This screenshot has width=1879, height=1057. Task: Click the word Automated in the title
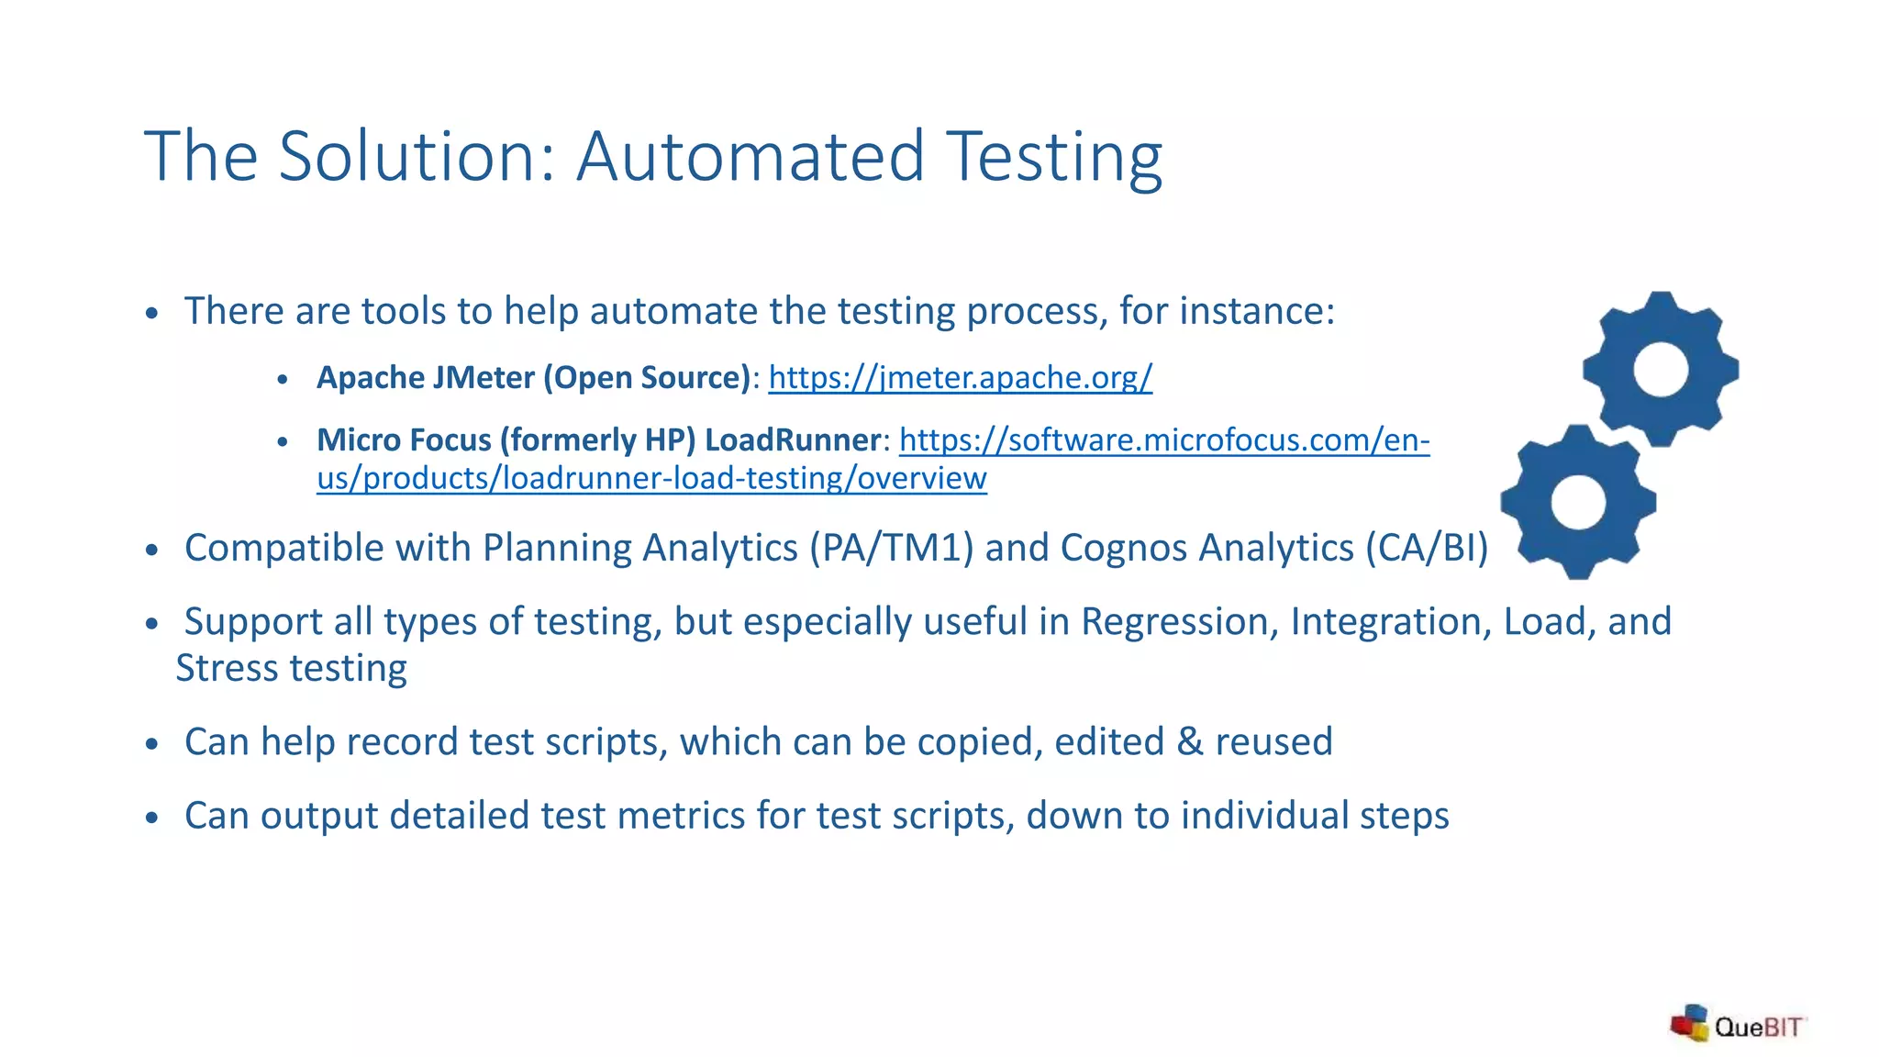click(750, 156)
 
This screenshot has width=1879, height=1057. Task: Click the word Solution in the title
click(408, 156)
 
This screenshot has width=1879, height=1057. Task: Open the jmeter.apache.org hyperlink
click(960, 377)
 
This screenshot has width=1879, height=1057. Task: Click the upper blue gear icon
click(1661, 369)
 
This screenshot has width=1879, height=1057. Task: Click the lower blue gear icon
click(1578, 502)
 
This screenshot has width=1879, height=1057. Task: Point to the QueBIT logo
click(1738, 1025)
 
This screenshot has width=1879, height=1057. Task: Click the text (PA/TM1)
click(891, 548)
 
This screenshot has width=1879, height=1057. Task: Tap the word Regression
click(1180, 622)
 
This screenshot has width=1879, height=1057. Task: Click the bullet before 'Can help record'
click(152, 743)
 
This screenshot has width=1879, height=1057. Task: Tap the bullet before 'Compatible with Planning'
click(152, 550)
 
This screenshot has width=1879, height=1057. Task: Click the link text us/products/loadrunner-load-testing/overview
click(651, 479)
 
